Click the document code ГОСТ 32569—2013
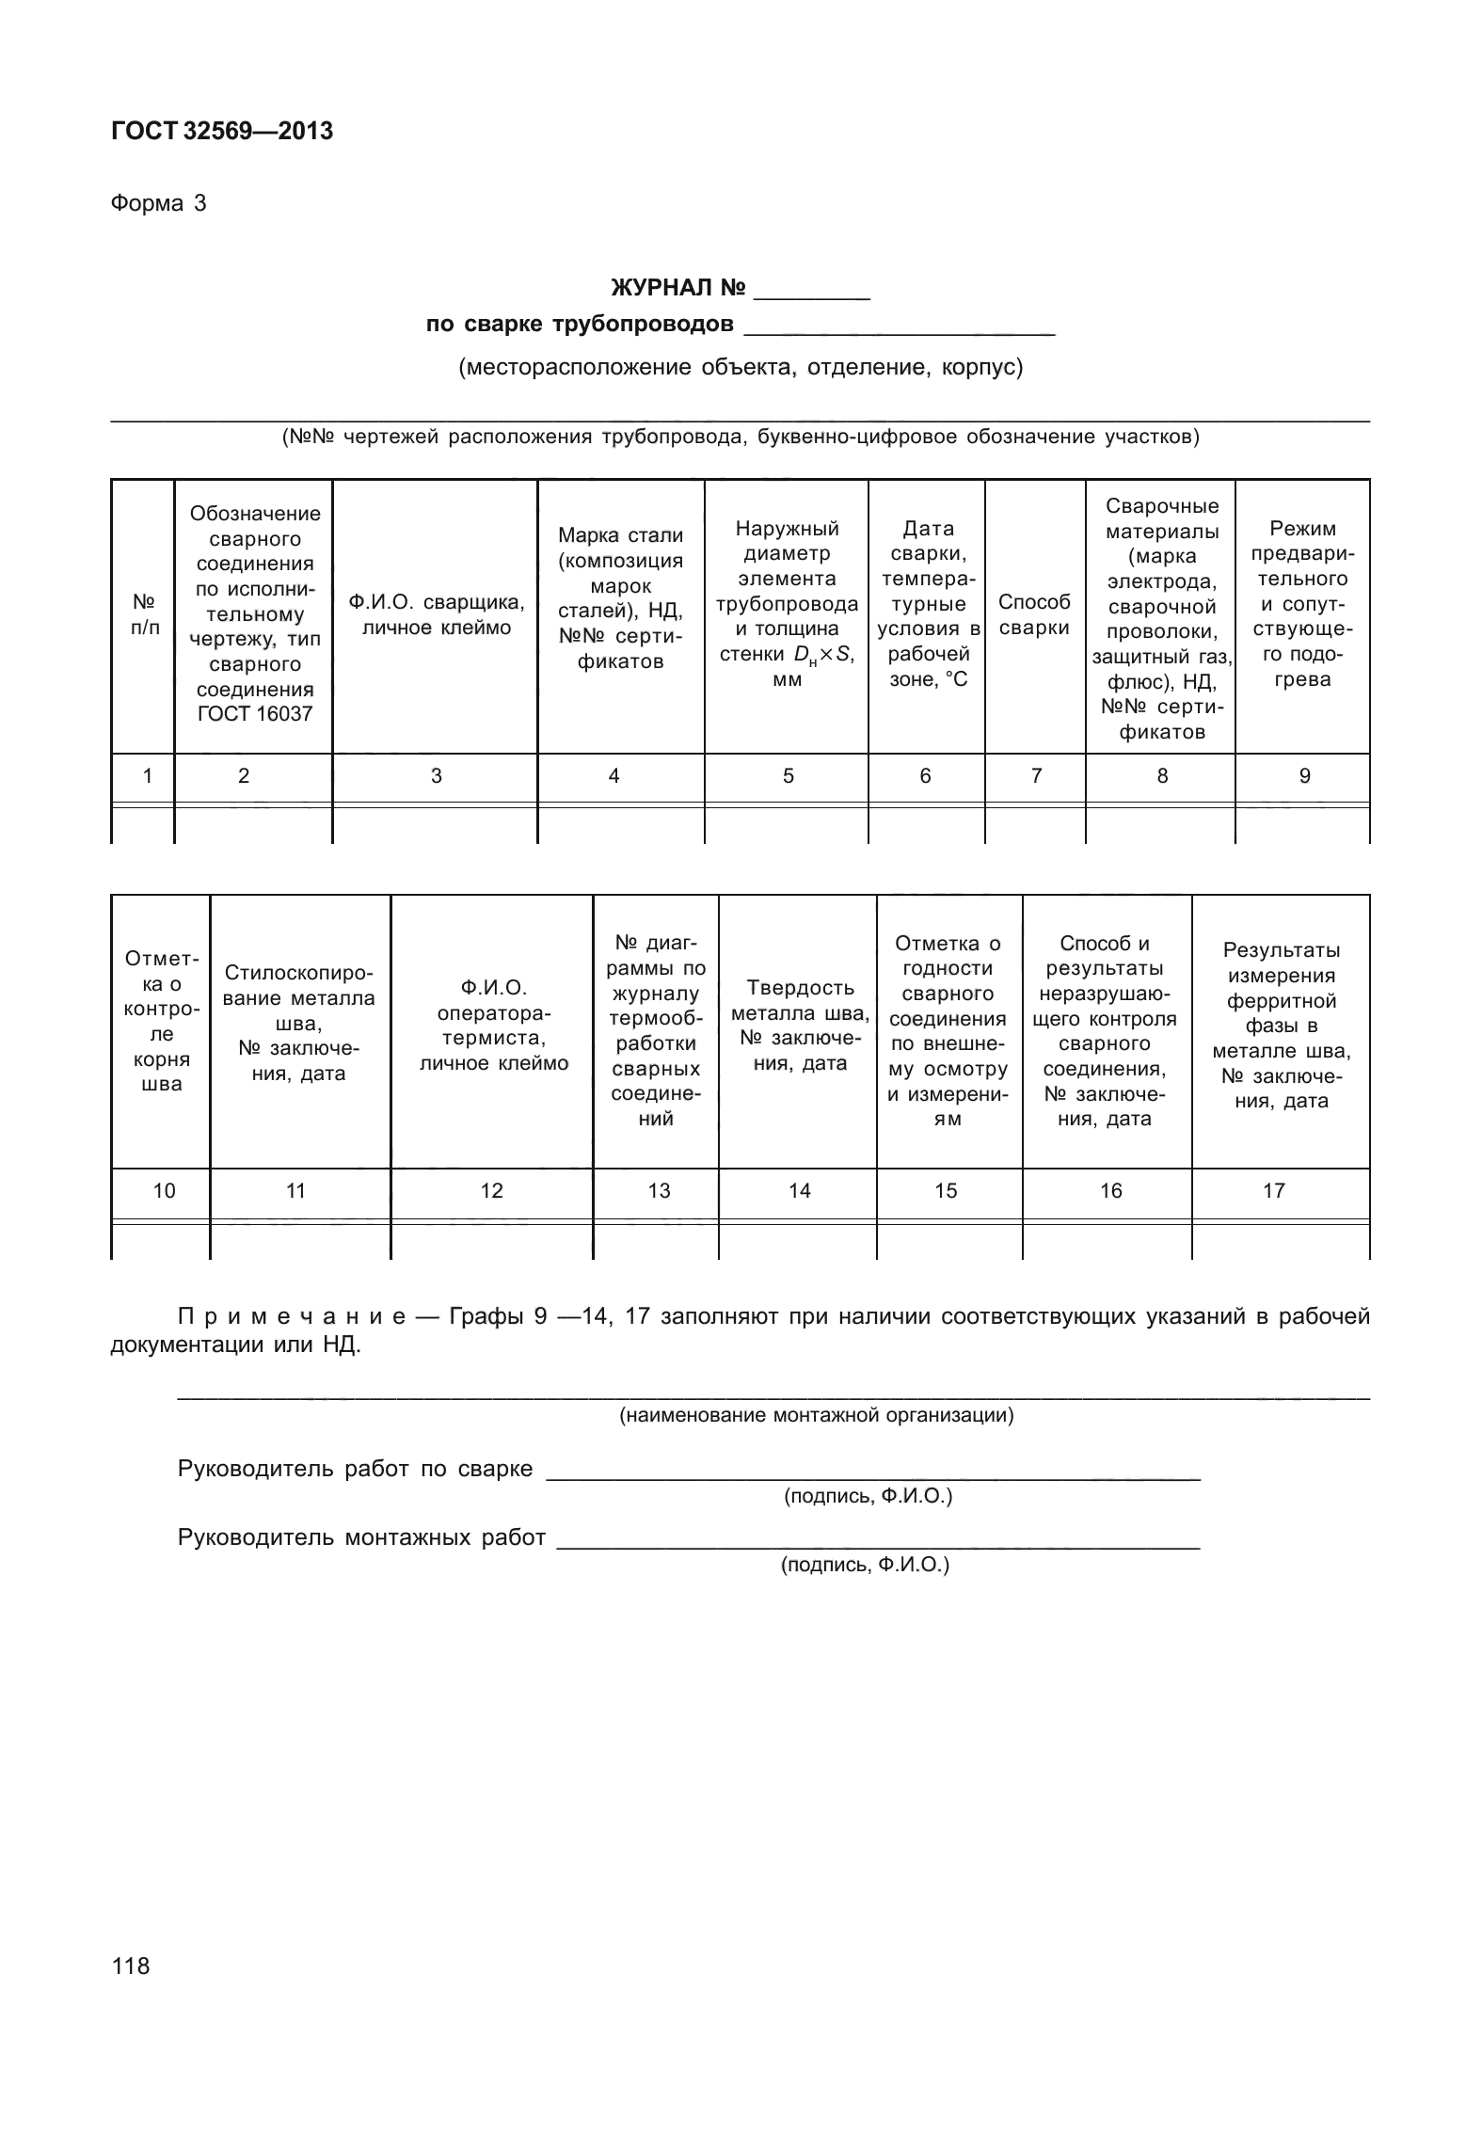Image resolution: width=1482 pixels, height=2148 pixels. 222,132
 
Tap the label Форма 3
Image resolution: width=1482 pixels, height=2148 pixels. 158,203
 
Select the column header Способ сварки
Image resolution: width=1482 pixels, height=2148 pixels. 1034,614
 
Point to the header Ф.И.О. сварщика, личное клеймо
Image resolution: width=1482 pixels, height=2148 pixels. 436,614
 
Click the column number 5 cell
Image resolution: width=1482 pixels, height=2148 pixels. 788,776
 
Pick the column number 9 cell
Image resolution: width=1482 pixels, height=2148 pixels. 1304,776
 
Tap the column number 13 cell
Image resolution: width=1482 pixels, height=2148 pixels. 659,1191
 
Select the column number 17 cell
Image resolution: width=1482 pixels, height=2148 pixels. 1273,1191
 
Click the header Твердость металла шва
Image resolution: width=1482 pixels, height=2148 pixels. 799,1026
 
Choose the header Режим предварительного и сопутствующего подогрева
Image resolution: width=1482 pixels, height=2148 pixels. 1302,604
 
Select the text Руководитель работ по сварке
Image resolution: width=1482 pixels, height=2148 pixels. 355,1469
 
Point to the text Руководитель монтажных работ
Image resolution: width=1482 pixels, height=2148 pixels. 361,1537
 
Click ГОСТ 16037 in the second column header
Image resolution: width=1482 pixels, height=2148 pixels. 254,713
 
